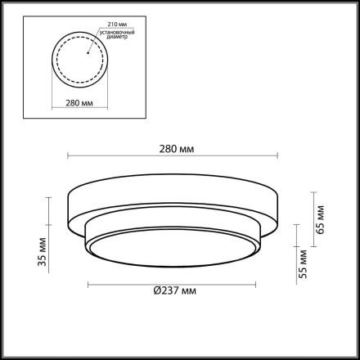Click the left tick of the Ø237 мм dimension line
pos(88,285)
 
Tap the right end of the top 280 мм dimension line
pos(281,158)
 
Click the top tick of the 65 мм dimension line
pos(313,191)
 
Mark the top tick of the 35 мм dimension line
pos(50,196)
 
